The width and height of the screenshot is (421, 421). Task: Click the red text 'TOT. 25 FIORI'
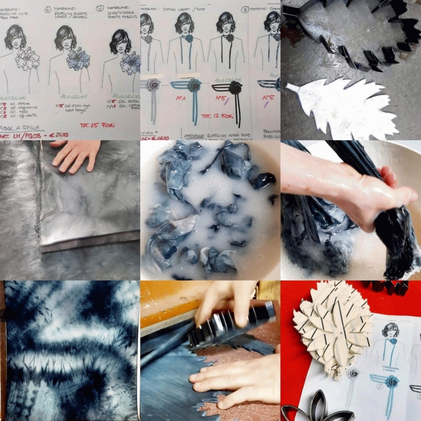pos(98,125)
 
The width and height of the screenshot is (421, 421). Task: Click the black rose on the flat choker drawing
pos(235,88)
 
